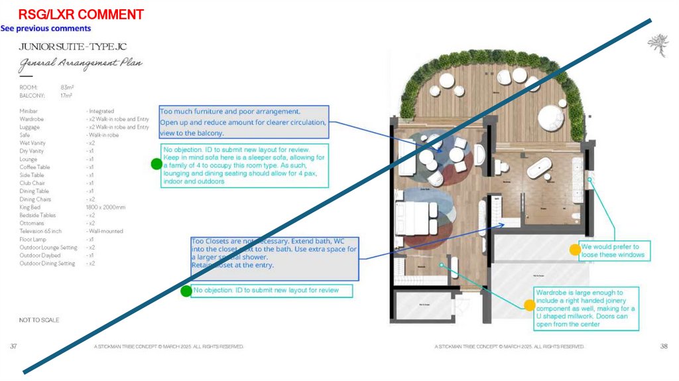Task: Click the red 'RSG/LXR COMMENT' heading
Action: tap(81, 15)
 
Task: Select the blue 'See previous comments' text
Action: tap(46, 29)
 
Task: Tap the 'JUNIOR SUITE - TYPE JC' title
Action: tap(72, 47)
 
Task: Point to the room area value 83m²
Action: tap(66, 87)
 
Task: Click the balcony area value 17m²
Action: tap(66, 95)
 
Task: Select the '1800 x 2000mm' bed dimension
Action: tap(105, 207)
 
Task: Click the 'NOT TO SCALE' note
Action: tap(39, 320)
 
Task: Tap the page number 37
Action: tap(14, 346)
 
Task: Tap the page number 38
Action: tap(664, 346)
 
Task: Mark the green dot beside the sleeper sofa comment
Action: tap(156, 164)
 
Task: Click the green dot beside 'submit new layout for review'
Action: tap(187, 291)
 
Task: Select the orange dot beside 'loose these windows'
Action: tap(575, 250)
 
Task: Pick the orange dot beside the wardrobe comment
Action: tap(529, 305)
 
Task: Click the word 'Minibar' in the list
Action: tap(29, 111)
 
